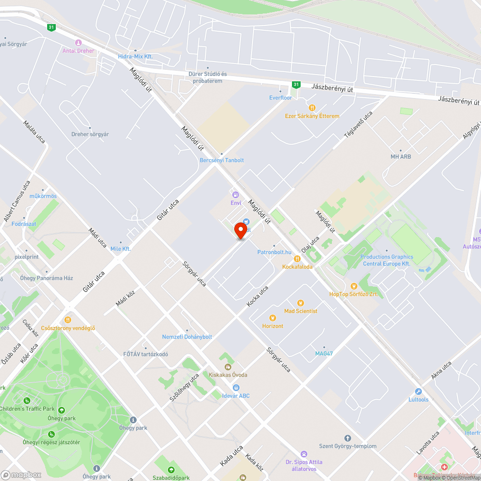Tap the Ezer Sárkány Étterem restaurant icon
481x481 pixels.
[312, 108]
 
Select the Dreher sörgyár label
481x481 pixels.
[90, 134]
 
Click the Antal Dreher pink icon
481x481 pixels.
[78, 42]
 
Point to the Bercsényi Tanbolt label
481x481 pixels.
[222, 160]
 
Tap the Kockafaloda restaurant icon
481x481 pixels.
[297, 259]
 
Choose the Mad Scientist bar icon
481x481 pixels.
[301, 303]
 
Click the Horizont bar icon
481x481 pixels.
[273, 318]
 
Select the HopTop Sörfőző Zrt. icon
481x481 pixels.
[354, 286]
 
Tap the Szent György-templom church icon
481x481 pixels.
[348, 438]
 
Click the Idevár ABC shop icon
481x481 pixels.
[236, 388]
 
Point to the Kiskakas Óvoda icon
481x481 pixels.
[228, 367]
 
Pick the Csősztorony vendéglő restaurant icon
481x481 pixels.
[68, 320]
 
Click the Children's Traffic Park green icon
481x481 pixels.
[27, 400]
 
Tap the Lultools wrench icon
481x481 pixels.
[418, 392]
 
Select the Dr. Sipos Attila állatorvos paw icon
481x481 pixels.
[304, 454]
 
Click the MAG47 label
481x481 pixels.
[324, 354]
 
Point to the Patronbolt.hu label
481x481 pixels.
[274, 252]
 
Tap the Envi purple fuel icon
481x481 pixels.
[236, 195]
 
